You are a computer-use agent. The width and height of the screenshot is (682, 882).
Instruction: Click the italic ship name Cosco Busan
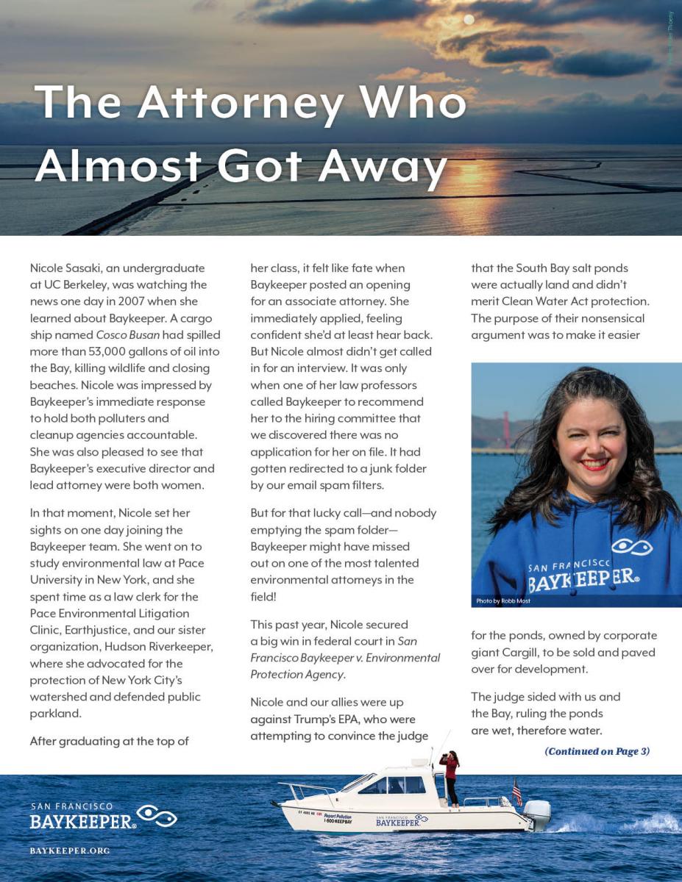[127, 334]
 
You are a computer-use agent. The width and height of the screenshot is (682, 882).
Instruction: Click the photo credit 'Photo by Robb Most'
[503, 600]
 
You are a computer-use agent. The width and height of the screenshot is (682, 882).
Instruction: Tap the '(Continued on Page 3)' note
[597, 750]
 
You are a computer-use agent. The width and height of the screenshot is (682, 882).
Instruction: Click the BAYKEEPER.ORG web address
[70, 850]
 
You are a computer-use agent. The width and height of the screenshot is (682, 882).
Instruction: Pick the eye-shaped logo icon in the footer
[157, 816]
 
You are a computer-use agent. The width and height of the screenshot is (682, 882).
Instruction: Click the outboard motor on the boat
[536, 814]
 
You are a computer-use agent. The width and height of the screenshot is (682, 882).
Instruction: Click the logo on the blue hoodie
[631, 548]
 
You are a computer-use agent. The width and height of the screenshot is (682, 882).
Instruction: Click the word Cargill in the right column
[559, 652]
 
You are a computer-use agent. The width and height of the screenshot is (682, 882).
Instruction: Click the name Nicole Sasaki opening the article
[68, 268]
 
